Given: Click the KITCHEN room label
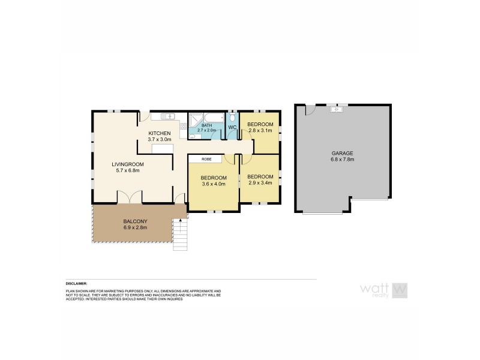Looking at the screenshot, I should [x=160, y=133].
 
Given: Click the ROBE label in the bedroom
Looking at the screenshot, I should [x=206, y=159].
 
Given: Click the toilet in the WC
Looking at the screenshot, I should [x=232, y=117].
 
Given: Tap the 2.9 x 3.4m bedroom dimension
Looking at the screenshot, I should [x=260, y=182].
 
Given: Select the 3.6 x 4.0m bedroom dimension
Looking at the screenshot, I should [x=214, y=185].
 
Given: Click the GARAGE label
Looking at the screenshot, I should [x=342, y=153].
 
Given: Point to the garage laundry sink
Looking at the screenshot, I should [x=337, y=109].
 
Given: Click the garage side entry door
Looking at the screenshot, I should [x=310, y=110].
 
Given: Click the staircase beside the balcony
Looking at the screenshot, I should [x=181, y=235].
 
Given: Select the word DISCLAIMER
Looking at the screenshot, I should [x=77, y=283].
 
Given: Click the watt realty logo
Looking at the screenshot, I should [x=384, y=290].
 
